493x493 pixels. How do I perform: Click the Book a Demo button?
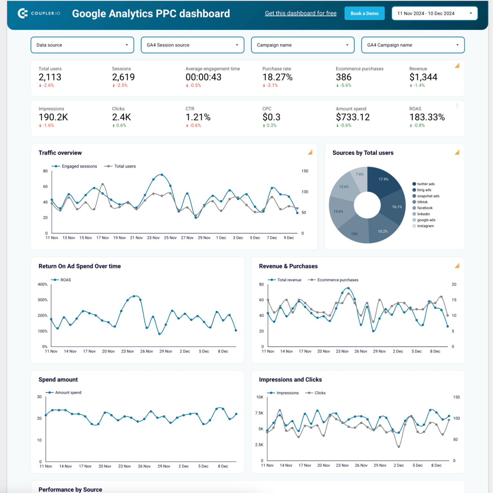click(x=364, y=13)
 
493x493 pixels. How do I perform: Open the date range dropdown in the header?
click(x=434, y=13)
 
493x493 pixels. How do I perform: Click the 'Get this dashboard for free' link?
click(x=300, y=13)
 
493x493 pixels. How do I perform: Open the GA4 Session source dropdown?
click(x=192, y=45)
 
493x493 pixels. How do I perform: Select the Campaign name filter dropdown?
click(x=302, y=45)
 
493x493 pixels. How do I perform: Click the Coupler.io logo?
click(x=39, y=13)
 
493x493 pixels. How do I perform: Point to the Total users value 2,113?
click(x=50, y=77)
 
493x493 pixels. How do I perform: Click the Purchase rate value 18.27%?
click(x=277, y=77)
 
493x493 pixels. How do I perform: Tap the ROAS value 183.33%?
click(x=427, y=117)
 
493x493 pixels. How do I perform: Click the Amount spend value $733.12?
click(x=353, y=117)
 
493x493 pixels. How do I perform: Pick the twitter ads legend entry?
click(x=426, y=184)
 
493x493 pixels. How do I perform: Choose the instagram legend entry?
click(x=425, y=226)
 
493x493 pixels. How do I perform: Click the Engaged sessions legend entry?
click(x=79, y=166)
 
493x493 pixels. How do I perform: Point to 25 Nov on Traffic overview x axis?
click(x=170, y=238)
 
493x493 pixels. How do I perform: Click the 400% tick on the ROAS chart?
click(x=42, y=284)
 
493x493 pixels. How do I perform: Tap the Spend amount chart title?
click(x=58, y=380)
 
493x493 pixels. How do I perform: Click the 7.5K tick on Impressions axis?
click(x=259, y=413)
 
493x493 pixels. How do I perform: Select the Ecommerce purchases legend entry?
click(x=337, y=280)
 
